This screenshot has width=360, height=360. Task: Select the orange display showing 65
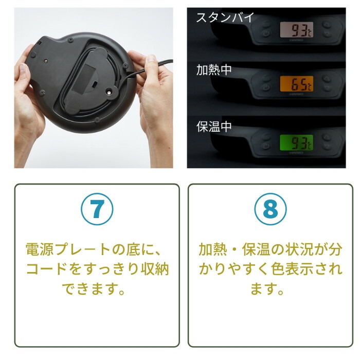pyautogui.click(x=296, y=84)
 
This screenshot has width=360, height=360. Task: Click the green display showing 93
pyautogui.click(x=296, y=142)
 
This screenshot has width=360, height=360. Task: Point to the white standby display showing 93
pyautogui.click(x=296, y=29)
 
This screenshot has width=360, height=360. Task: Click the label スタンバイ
pyautogui.click(x=225, y=17)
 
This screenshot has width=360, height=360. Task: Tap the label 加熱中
pyautogui.click(x=214, y=70)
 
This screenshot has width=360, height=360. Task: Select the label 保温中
pyautogui.click(x=214, y=127)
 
